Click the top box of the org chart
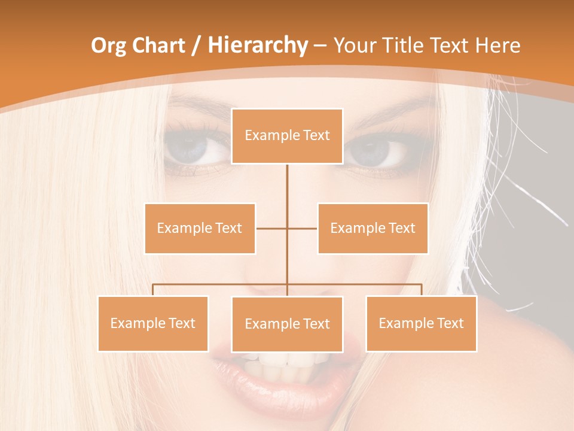(x=287, y=136)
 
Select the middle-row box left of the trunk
(x=200, y=228)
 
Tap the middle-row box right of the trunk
(x=373, y=228)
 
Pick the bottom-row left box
(x=153, y=323)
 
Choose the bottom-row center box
(x=287, y=324)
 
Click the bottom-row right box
(x=421, y=323)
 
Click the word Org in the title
(x=109, y=45)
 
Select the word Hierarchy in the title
(x=257, y=45)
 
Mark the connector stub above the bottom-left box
(x=153, y=290)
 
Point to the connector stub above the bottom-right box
(x=421, y=290)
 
